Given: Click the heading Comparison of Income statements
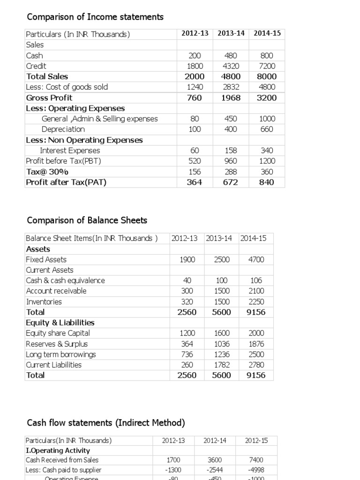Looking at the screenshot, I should pos(95,17).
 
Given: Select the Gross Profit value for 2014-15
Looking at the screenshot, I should pos(266,97).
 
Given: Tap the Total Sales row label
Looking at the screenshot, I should pos(47,76).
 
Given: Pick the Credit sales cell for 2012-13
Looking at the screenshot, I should pos(195,66).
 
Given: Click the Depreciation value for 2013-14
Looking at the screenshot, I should pos(231,129).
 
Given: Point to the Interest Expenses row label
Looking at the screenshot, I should pos(70,150).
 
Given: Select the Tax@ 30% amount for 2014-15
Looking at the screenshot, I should pos(266,172).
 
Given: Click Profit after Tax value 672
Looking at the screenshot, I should pos(231,182).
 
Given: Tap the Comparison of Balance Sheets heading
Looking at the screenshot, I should pos(87,220).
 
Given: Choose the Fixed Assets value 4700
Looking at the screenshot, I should pos(256,260).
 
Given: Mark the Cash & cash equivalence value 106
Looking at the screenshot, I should pos(256,280).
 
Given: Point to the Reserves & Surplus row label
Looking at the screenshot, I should pos(57,344).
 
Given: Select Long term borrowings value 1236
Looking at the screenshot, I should pos(222,354).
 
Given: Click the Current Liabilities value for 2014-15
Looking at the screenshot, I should pos(256,365).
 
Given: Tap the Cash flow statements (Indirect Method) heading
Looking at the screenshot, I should pos(106,423).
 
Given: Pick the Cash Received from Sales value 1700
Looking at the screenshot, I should pos(173,460).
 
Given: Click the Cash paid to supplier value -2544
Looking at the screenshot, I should pos(215,470).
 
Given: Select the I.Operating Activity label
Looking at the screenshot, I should pos(52,450).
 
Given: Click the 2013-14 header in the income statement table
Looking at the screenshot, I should pos(231,33).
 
